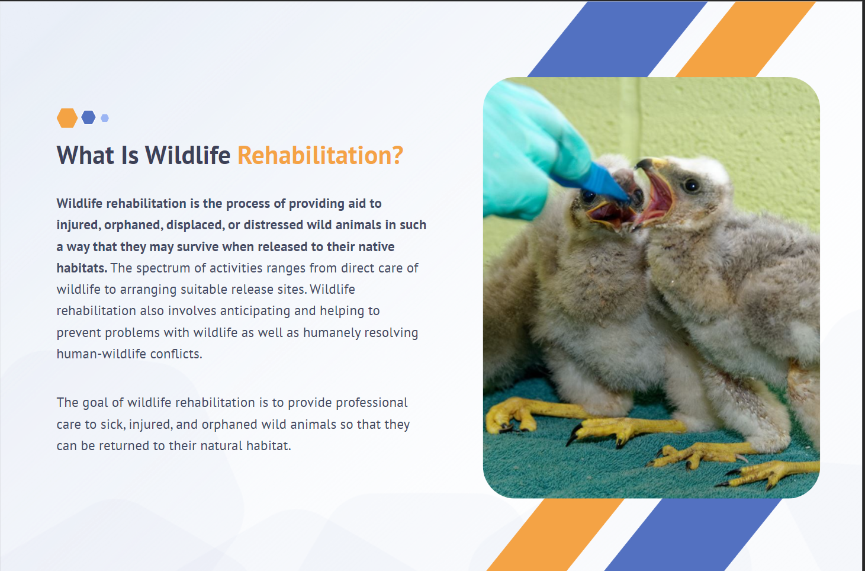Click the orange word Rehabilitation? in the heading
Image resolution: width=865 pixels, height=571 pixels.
click(320, 155)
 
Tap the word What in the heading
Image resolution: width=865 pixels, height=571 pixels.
click(85, 155)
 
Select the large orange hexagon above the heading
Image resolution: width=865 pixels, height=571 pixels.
click(67, 118)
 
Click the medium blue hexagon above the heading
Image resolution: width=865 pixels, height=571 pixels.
click(88, 117)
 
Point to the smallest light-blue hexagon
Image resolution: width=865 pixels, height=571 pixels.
click(105, 118)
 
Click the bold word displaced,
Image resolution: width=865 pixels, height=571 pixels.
click(195, 225)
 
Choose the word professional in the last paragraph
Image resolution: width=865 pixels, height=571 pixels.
click(372, 403)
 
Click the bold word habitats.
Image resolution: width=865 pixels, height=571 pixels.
click(82, 268)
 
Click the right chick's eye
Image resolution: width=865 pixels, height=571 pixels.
click(692, 186)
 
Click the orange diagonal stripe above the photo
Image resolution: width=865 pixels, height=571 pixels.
click(746, 39)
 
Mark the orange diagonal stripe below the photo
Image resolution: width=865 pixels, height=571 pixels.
click(555, 535)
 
